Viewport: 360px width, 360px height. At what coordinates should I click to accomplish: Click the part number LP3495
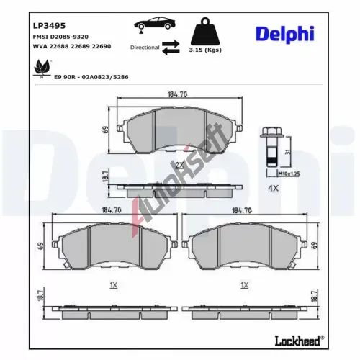tap(49, 26)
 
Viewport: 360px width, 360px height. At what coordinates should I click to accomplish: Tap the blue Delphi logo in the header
tap(285, 35)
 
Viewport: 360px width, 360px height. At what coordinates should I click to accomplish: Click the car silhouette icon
tap(155, 24)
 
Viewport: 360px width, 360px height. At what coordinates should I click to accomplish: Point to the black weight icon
tap(205, 32)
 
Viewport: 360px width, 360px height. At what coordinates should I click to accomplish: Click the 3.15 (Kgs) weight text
tap(205, 50)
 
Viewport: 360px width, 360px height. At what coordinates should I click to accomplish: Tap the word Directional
tap(145, 48)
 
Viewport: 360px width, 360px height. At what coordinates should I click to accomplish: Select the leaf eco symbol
tap(42, 68)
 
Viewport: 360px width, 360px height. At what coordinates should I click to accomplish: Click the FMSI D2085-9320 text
tap(60, 37)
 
